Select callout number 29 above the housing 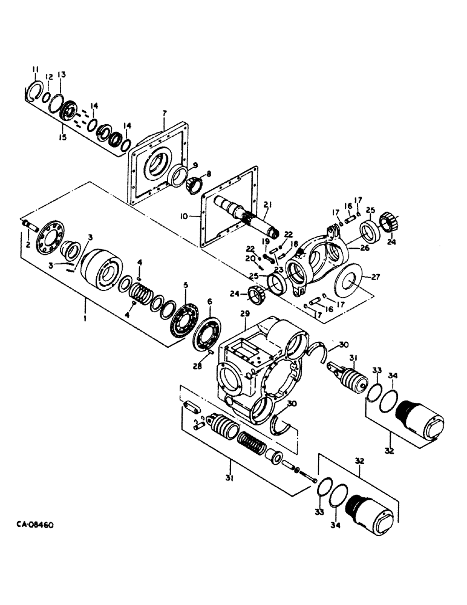[x=245, y=313]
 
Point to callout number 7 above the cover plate [x=164, y=113]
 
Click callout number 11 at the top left [x=35, y=68]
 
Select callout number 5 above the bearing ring [x=186, y=284]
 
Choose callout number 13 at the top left [x=62, y=74]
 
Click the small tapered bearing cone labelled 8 [x=197, y=183]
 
